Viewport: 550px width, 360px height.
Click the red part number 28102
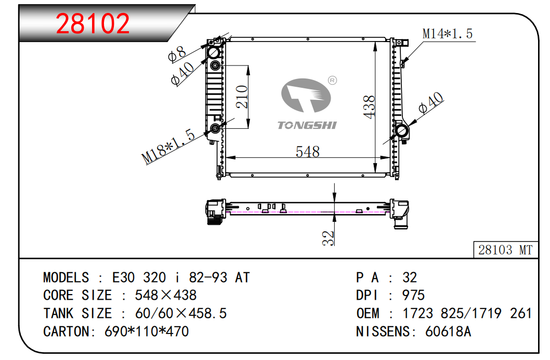(x=93, y=23)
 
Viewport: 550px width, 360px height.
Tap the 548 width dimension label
(x=308, y=152)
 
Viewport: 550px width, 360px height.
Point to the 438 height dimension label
(x=370, y=107)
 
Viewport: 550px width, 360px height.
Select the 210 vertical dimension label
(x=242, y=97)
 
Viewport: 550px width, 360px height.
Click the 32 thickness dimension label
(x=328, y=238)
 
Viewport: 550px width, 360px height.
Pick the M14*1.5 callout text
(x=448, y=34)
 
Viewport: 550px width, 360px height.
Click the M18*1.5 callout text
(x=168, y=146)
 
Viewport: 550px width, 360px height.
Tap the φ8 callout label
(x=177, y=54)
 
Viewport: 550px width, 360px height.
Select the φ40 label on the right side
(x=431, y=103)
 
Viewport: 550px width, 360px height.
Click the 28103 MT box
(x=505, y=249)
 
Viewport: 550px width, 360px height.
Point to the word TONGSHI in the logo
(x=307, y=125)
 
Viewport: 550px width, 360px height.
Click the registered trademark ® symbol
(x=332, y=81)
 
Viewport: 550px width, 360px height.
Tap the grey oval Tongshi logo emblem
(x=306, y=96)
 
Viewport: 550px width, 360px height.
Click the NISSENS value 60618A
(x=448, y=331)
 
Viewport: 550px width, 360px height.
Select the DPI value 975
(x=414, y=295)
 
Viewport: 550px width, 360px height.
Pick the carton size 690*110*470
(x=147, y=331)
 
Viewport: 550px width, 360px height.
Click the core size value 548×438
(x=165, y=295)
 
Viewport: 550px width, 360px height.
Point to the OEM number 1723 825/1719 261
(x=467, y=313)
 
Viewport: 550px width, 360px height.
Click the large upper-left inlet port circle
(x=214, y=52)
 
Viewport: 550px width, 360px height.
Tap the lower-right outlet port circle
(x=401, y=131)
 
